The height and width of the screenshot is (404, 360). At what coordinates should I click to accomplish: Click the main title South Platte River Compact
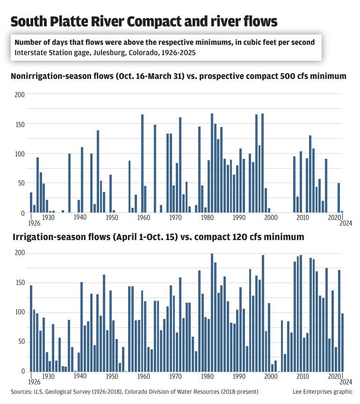144,21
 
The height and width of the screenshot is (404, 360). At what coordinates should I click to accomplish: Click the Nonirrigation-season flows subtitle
178,76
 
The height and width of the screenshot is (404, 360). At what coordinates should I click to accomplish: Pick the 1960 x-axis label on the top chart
143,218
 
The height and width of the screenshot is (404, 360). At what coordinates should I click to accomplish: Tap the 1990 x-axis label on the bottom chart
238,376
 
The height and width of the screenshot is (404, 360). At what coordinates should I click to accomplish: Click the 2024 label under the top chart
346,223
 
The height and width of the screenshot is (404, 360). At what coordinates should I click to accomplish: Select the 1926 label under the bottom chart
34,382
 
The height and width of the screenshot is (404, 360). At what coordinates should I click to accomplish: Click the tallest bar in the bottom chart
212,312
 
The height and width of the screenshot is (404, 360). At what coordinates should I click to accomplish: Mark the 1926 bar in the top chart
31,203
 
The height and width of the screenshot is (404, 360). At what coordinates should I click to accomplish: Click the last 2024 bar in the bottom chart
342,342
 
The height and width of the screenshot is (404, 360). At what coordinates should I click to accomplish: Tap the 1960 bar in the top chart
142,163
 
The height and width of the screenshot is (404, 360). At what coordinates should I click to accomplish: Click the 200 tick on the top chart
20,94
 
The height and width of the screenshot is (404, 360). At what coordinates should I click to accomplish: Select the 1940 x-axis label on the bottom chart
79,376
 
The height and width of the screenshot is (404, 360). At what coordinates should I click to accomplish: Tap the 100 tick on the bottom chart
20,312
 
